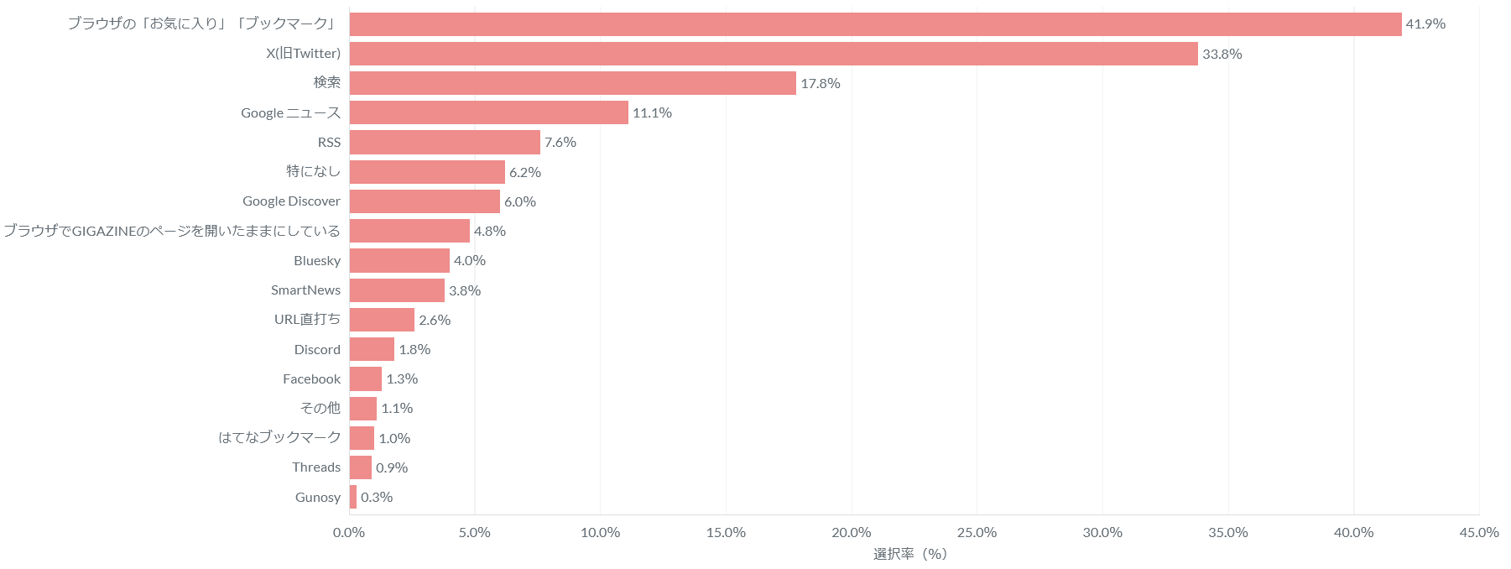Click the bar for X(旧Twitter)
(774, 54)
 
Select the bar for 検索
(573, 83)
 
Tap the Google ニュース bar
(489, 112)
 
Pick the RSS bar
(445, 142)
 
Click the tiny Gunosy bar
(353, 497)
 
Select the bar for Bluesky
(399, 260)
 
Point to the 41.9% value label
(1425, 24)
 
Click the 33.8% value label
(1222, 54)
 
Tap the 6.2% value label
(525, 172)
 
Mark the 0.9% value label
(392, 467)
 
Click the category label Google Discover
(291, 201)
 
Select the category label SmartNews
(305, 290)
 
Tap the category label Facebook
(311, 378)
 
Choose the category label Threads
(316, 467)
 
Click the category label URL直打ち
(307, 319)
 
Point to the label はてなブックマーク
(279, 437)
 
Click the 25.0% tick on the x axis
(977, 532)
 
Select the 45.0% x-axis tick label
(1479, 532)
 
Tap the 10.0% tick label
(600, 532)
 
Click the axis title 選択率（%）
(910, 554)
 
